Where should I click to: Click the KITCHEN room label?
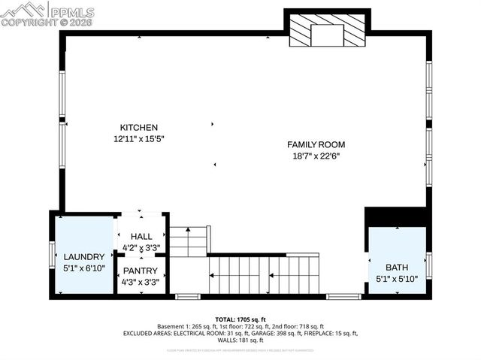click(x=139, y=128)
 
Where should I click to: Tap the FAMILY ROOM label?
click(x=316, y=144)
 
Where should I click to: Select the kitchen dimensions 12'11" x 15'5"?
click(x=139, y=139)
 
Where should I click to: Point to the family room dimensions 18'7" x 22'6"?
click(x=316, y=156)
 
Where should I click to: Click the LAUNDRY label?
click(x=83, y=256)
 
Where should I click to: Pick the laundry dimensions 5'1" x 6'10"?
click(x=83, y=268)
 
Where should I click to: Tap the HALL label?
click(x=141, y=237)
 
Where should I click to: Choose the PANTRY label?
click(x=141, y=271)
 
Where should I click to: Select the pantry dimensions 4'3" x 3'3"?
click(x=141, y=283)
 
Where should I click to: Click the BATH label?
click(x=397, y=267)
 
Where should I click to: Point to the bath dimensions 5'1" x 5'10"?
click(x=397, y=279)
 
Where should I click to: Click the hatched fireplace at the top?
click(x=327, y=34)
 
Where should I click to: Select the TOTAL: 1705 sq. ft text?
click(x=240, y=319)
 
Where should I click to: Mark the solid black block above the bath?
click(x=396, y=216)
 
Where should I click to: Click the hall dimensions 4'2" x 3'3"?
click(x=141, y=247)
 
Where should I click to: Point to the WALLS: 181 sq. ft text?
click(x=240, y=340)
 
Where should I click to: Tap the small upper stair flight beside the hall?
click(x=188, y=242)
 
